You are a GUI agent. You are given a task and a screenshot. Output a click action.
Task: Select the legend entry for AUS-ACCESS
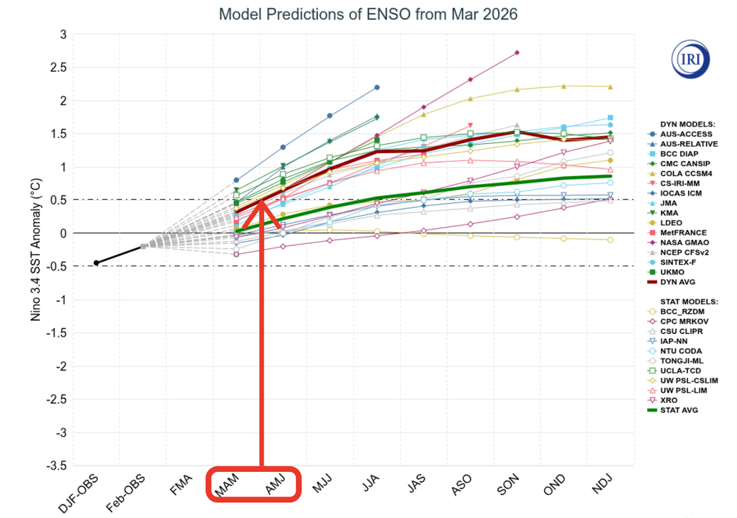click(679, 134)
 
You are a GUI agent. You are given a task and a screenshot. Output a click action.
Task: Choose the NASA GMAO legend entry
click(679, 242)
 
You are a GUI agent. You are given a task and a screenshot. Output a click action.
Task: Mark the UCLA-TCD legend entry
click(677, 371)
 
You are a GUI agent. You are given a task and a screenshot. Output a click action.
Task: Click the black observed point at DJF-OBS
click(96, 263)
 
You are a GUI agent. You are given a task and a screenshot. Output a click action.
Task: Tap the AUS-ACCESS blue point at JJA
click(376, 87)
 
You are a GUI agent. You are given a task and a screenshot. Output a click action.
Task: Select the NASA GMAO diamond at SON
click(517, 53)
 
